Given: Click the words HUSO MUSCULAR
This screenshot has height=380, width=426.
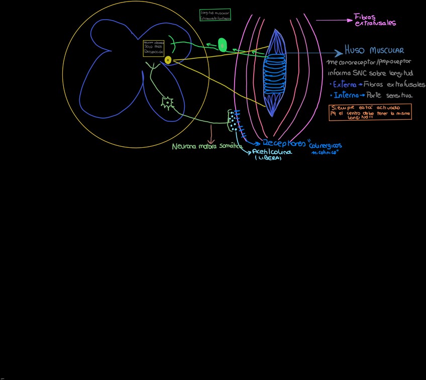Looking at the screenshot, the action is click(374, 51).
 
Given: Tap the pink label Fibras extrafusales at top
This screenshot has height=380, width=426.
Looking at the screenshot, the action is click(375, 20).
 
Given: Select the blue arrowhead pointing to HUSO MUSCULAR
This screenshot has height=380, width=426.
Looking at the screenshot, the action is click(339, 52).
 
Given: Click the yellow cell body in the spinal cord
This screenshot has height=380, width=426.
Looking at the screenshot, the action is click(168, 60).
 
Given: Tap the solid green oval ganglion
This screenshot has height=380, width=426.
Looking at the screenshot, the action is click(222, 45).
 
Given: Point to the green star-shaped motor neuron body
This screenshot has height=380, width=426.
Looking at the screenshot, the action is click(167, 103).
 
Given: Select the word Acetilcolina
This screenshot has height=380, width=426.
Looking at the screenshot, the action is click(272, 151).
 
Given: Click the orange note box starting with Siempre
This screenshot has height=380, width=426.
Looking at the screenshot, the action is click(370, 112).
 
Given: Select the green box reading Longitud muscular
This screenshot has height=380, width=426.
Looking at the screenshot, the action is click(215, 15).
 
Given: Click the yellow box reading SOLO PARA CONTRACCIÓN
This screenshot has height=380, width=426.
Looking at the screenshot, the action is click(153, 48).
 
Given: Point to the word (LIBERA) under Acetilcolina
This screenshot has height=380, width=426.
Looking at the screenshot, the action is click(268, 158).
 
